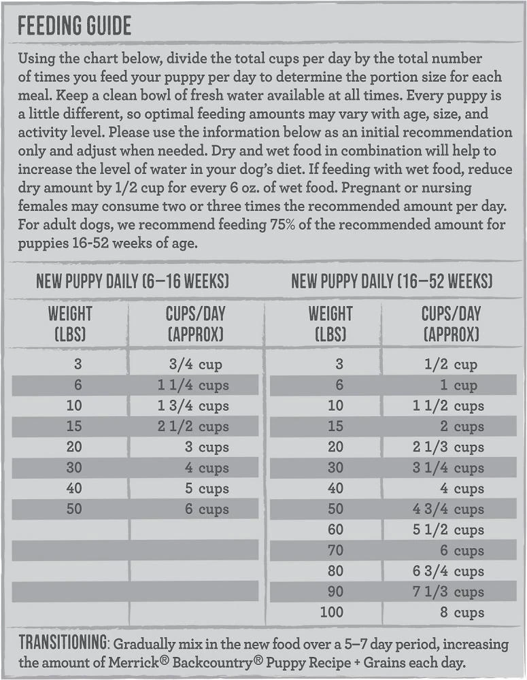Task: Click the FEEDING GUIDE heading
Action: point(75,27)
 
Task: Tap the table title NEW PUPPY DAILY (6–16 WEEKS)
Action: point(133,282)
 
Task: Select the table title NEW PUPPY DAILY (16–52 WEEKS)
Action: point(392,282)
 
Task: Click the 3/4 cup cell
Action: point(196,365)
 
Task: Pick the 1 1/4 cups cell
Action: point(193,386)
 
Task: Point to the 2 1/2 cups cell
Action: point(193,427)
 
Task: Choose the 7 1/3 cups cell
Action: point(448,592)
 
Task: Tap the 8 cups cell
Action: point(462,613)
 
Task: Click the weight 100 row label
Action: point(332,613)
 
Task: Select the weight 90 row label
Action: point(335,592)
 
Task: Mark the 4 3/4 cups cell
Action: point(448,509)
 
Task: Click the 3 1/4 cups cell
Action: point(448,468)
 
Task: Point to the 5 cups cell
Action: point(207,489)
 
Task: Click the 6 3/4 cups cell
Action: point(448,571)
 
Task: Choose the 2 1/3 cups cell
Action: point(448,447)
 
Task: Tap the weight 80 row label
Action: point(335,571)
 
